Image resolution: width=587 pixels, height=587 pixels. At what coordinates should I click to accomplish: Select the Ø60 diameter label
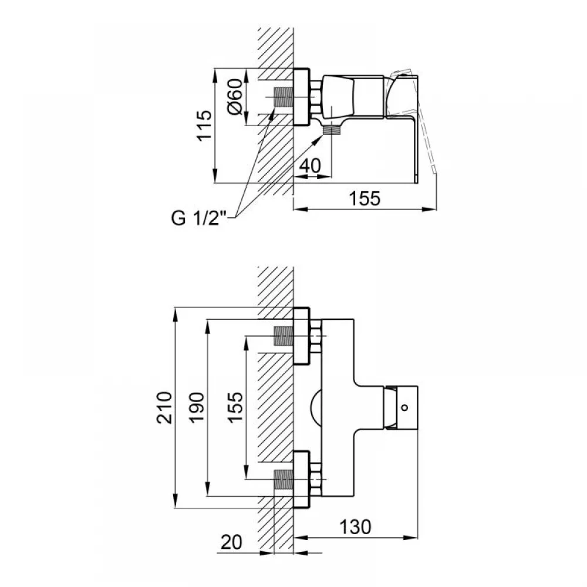(235, 97)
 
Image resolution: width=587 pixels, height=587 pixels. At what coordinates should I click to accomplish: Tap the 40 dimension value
(311, 166)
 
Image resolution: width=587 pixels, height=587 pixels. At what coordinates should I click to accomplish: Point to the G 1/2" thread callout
(199, 218)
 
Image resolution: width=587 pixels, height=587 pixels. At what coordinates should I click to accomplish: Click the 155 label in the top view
(365, 198)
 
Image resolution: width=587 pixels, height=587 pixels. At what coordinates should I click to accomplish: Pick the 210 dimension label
(164, 408)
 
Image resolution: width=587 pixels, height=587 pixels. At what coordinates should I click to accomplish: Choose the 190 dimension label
(197, 408)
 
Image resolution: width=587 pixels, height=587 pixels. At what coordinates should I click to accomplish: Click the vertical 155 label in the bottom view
(235, 408)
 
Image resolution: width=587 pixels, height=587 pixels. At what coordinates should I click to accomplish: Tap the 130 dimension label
(355, 527)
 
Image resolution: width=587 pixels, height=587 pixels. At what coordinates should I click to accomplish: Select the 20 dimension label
(231, 542)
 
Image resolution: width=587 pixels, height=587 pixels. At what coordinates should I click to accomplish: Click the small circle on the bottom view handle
(404, 407)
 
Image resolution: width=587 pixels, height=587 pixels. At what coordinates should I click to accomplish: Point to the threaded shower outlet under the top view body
(332, 130)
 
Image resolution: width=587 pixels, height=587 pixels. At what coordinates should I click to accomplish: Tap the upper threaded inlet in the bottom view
(284, 336)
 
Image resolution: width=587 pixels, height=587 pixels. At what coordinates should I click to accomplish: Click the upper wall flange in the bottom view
(301, 336)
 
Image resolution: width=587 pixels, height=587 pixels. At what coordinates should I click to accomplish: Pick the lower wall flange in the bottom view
(301, 480)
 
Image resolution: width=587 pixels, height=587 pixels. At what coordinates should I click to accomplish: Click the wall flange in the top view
(301, 97)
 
